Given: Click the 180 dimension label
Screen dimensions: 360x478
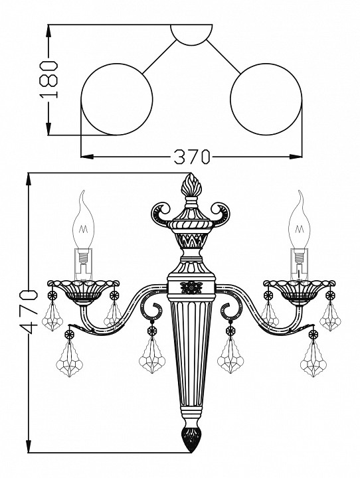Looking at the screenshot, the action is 48,79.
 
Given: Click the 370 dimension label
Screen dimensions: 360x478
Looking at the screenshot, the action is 192,157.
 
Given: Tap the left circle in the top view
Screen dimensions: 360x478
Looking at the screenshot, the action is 116,99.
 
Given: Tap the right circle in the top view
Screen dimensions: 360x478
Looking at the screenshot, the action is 266,99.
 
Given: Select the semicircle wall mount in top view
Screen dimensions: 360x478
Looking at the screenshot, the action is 191,35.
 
